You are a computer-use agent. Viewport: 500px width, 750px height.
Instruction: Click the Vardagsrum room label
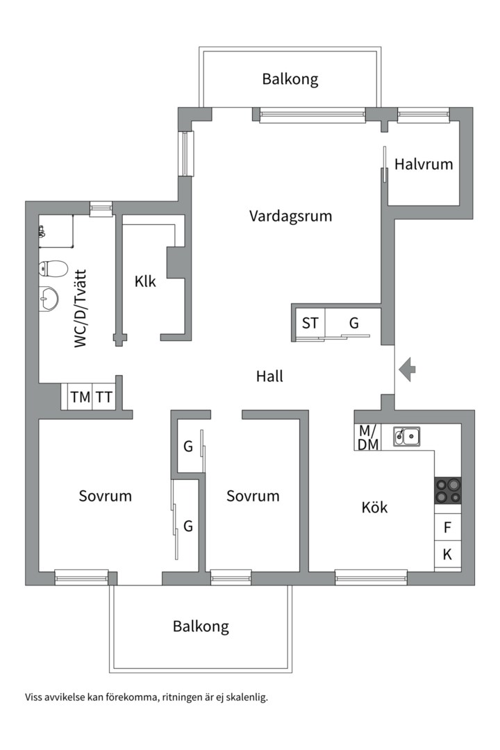click(x=290, y=216)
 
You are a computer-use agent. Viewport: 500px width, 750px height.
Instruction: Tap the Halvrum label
click(x=424, y=165)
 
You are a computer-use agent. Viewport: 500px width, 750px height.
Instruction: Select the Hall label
click(x=269, y=376)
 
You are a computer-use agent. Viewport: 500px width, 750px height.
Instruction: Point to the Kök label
click(x=375, y=508)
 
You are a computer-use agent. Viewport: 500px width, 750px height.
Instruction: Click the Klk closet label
click(x=145, y=282)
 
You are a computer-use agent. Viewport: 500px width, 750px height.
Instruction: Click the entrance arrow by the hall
click(x=408, y=369)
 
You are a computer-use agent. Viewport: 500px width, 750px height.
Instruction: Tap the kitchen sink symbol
click(x=406, y=436)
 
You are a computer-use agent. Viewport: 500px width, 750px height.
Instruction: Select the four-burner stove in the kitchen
click(x=448, y=490)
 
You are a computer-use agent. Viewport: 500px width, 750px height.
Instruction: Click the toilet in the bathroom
click(x=53, y=268)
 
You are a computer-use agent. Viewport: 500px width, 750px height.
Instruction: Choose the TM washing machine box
click(x=80, y=397)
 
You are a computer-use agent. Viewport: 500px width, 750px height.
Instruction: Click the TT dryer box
click(x=104, y=397)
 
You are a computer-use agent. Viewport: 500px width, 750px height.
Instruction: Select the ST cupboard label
click(x=310, y=323)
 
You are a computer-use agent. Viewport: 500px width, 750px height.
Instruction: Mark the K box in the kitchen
click(x=448, y=554)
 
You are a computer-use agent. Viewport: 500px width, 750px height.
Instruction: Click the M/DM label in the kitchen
click(x=368, y=437)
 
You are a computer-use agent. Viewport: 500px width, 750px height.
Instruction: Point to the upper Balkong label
click(x=290, y=79)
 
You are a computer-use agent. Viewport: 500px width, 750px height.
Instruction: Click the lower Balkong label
click(x=201, y=626)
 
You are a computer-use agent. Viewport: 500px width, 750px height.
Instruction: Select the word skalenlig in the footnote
click(x=245, y=697)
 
